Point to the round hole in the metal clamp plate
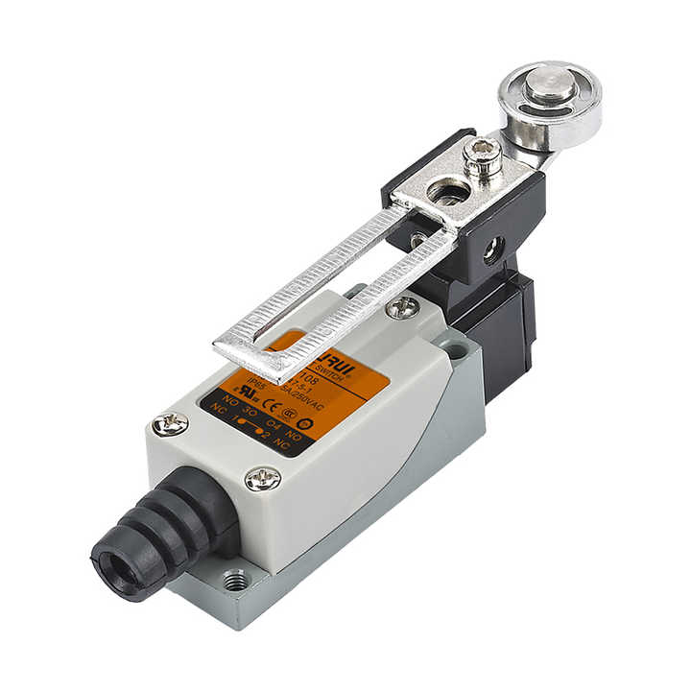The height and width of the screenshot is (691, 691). pos(445,193)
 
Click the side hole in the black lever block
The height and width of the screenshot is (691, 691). pos(492,251)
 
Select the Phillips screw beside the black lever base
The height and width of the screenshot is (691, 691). pos(403,307)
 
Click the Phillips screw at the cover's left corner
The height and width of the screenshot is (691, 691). pos(170,423)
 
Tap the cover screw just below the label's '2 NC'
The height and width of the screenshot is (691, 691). pos(264,478)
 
